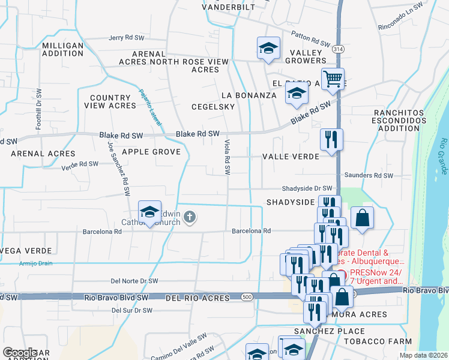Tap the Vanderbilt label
[x=228, y=7]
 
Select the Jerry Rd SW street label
[x=129, y=38]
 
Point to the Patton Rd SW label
[x=312, y=39]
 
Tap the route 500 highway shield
[x=247, y=297]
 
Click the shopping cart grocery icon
[x=332, y=79]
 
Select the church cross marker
[x=190, y=217]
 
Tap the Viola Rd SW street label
[x=228, y=157]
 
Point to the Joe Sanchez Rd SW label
[x=119, y=169]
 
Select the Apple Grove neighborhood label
[x=151, y=152]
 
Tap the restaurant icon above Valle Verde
[x=331, y=142]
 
